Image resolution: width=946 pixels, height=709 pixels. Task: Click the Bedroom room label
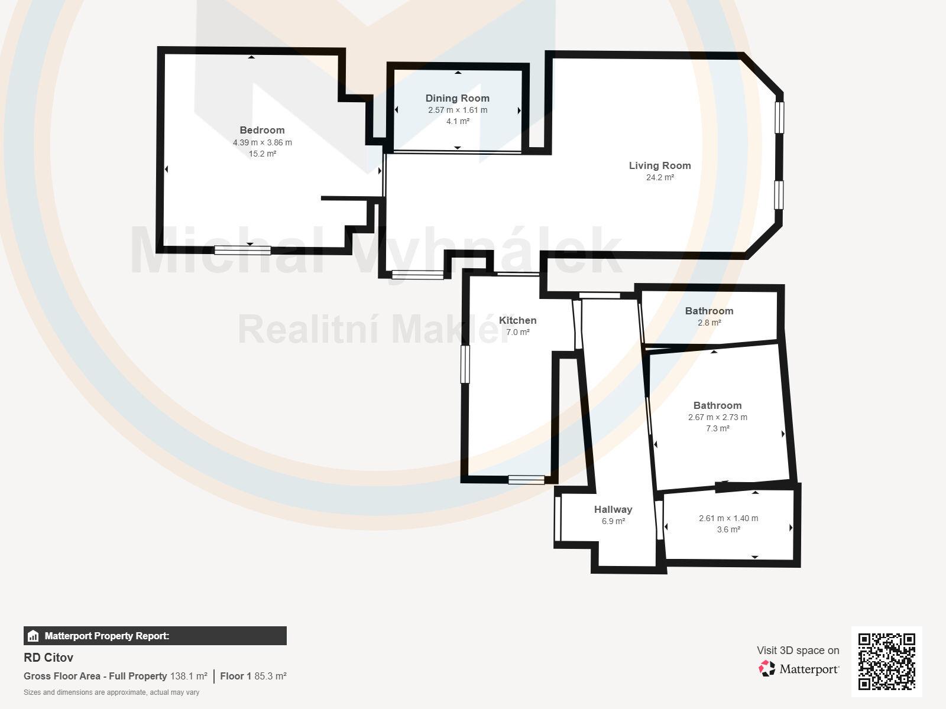tap(262, 130)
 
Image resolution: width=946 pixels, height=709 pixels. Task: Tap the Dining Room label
tap(457, 98)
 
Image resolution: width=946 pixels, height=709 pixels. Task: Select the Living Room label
tap(660, 165)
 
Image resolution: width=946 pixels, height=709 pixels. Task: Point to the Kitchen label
tap(517, 320)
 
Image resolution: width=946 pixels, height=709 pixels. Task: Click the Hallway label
tap(613, 509)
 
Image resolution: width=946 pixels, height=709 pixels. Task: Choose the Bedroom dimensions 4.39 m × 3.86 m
tap(263, 142)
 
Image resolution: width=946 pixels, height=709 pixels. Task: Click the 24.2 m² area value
tap(660, 177)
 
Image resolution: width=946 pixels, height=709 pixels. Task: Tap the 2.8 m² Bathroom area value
tap(710, 323)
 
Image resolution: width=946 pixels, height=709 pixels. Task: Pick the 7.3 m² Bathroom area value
tap(718, 428)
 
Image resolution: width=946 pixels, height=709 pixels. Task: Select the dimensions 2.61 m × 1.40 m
tap(728, 518)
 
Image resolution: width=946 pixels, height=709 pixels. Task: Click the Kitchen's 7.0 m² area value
tap(517, 332)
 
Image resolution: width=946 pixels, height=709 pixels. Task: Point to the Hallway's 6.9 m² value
tap(613, 521)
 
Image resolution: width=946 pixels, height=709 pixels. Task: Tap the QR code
tap(886, 662)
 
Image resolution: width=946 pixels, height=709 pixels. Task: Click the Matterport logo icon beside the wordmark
tap(767, 669)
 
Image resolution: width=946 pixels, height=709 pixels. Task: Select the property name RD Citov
tap(48, 658)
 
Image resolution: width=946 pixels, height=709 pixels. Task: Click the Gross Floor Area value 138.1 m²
tap(189, 676)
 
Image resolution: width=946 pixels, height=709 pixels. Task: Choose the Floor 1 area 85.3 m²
tap(270, 676)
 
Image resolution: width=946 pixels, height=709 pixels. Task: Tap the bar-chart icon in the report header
tap(33, 636)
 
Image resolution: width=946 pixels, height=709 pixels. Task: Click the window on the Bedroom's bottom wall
tap(242, 250)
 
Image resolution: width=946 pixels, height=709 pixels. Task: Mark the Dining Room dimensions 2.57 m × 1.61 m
tap(458, 110)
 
